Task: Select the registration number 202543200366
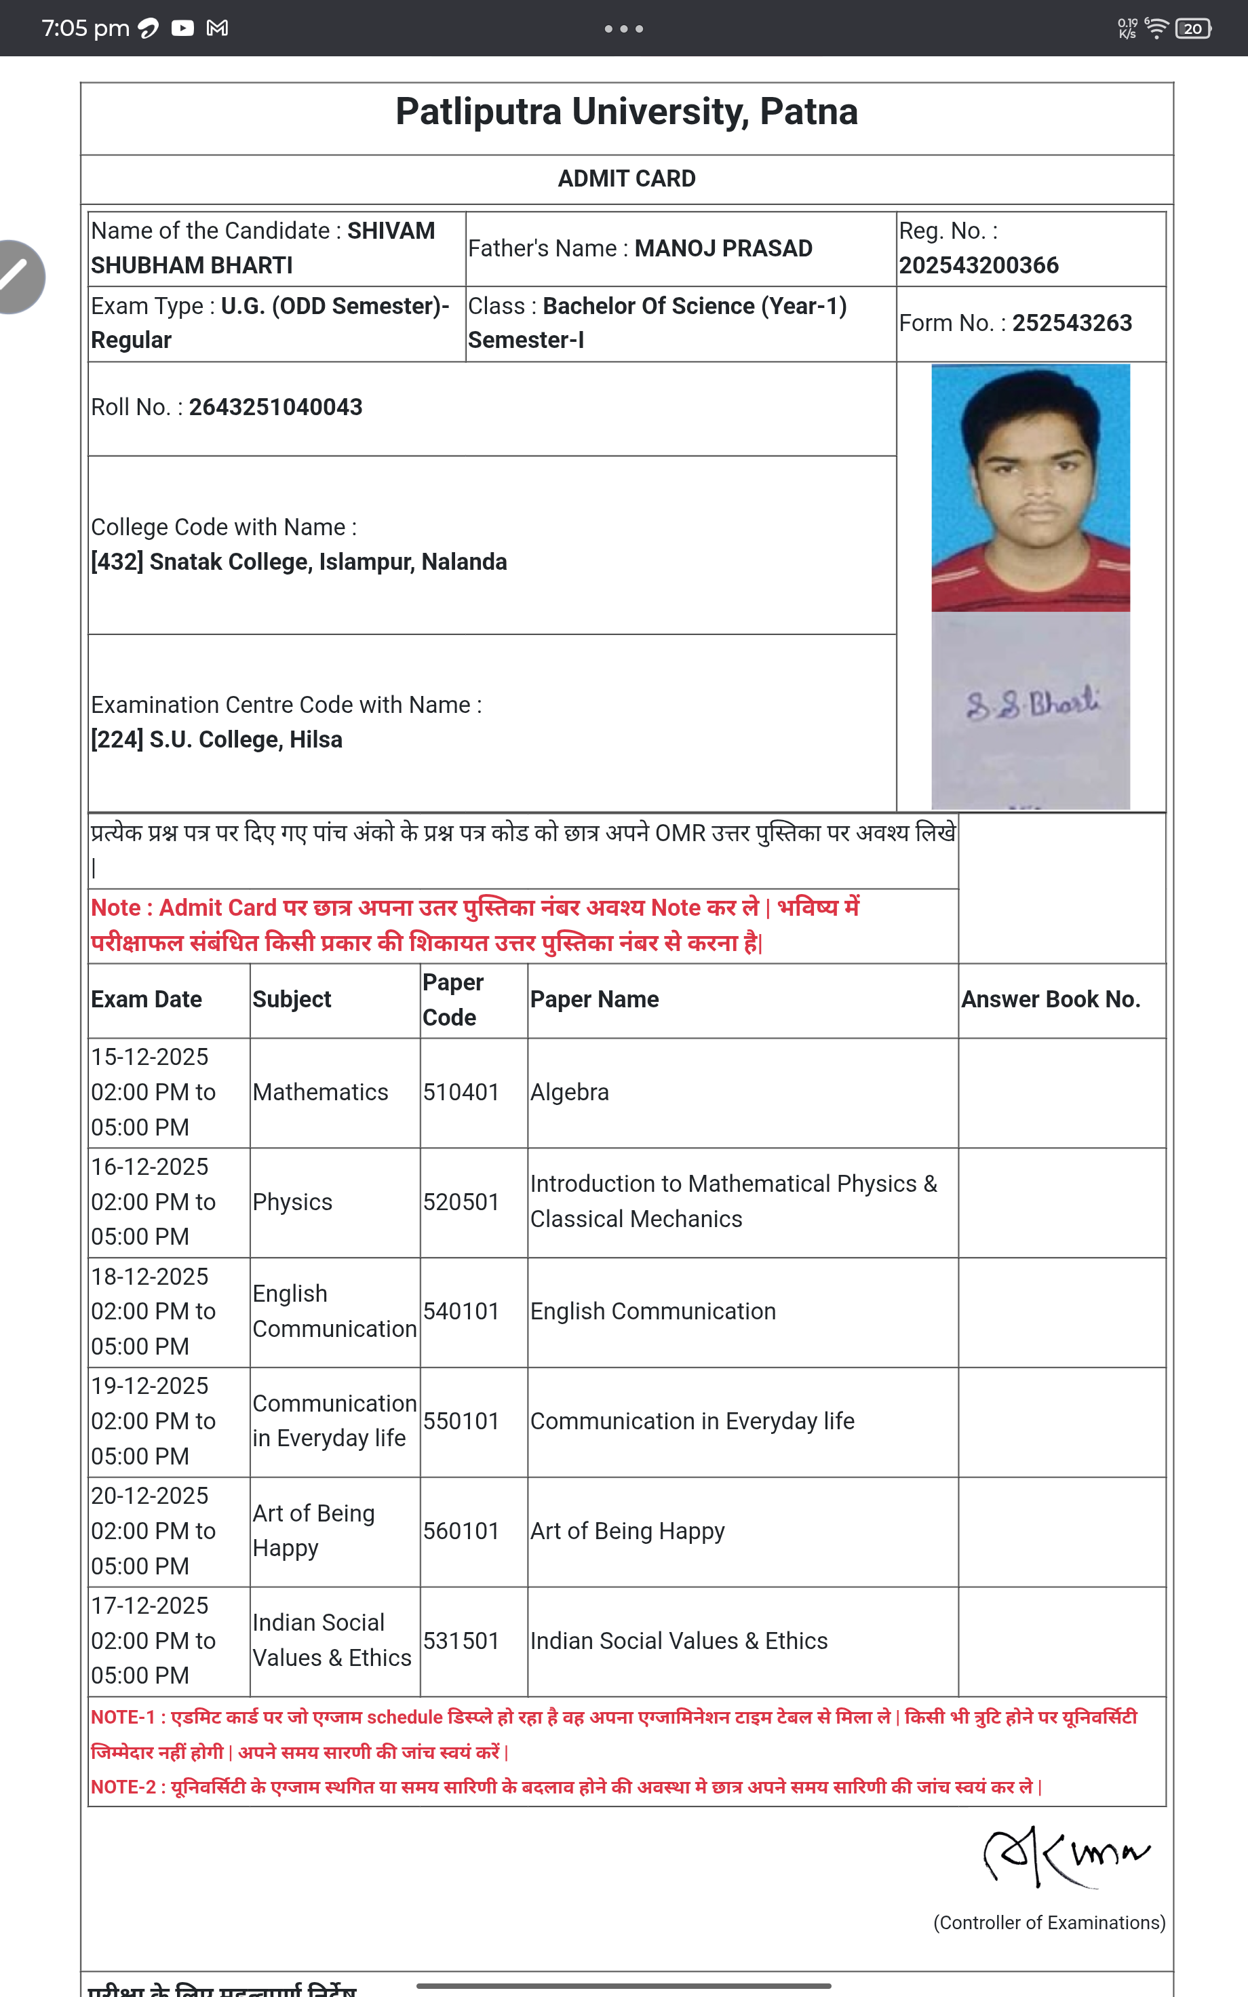click(x=978, y=265)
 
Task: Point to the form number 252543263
click(x=1072, y=323)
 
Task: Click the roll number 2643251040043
click(x=275, y=407)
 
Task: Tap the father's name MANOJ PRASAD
click(x=722, y=248)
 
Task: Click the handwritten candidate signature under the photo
click(x=1032, y=704)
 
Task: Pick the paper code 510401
click(x=461, y=1091)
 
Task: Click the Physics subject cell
click(x=292, y=1201)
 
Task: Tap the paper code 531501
click(x=461, y=1640)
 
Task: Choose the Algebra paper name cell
click(x=570, y=1091)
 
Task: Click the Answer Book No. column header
click(x=1050, y=999)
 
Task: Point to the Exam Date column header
click(x=146, y=999)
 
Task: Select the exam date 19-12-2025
click(x=149, y=1386)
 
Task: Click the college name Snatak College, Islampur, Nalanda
click(x=328, y=562)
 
